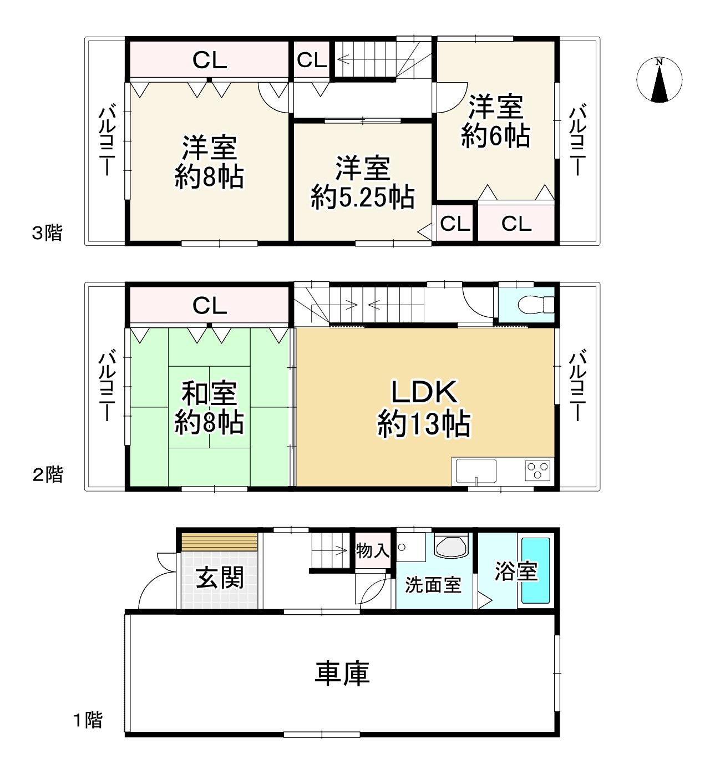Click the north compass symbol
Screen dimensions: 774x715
659,80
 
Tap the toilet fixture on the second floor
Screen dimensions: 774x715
535,305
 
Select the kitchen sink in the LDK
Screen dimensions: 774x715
476,472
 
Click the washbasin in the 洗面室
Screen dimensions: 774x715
452,547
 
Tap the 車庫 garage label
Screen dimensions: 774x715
342,674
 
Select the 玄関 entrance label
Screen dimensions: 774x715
220,578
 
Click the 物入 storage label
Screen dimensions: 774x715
373,551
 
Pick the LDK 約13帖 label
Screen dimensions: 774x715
424,408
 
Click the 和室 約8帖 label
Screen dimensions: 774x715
209,408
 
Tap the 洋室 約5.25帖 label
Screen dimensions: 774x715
362,183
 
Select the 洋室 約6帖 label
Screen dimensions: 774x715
495,122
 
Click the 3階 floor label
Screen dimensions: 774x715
47,233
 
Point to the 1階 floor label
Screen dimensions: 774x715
88,720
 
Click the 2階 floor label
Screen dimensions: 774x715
48,475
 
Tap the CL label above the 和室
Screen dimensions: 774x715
210,306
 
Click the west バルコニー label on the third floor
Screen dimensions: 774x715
107,141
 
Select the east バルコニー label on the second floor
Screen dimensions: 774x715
577,385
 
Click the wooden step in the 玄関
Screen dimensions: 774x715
220,542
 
